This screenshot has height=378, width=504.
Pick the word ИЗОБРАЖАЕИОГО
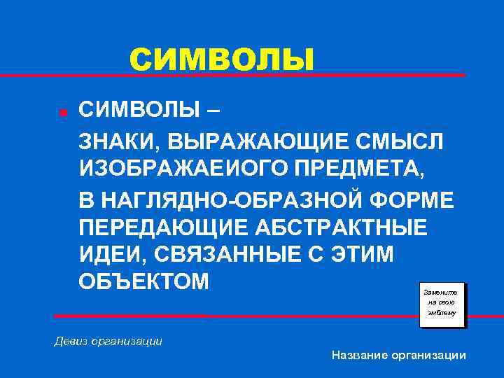click(x=187, y=170)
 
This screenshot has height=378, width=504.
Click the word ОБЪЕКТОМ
click(x=143, y=283)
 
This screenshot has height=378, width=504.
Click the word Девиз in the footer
click(x=72, y=342)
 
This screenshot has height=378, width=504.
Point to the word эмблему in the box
click(x=442, y=314)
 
